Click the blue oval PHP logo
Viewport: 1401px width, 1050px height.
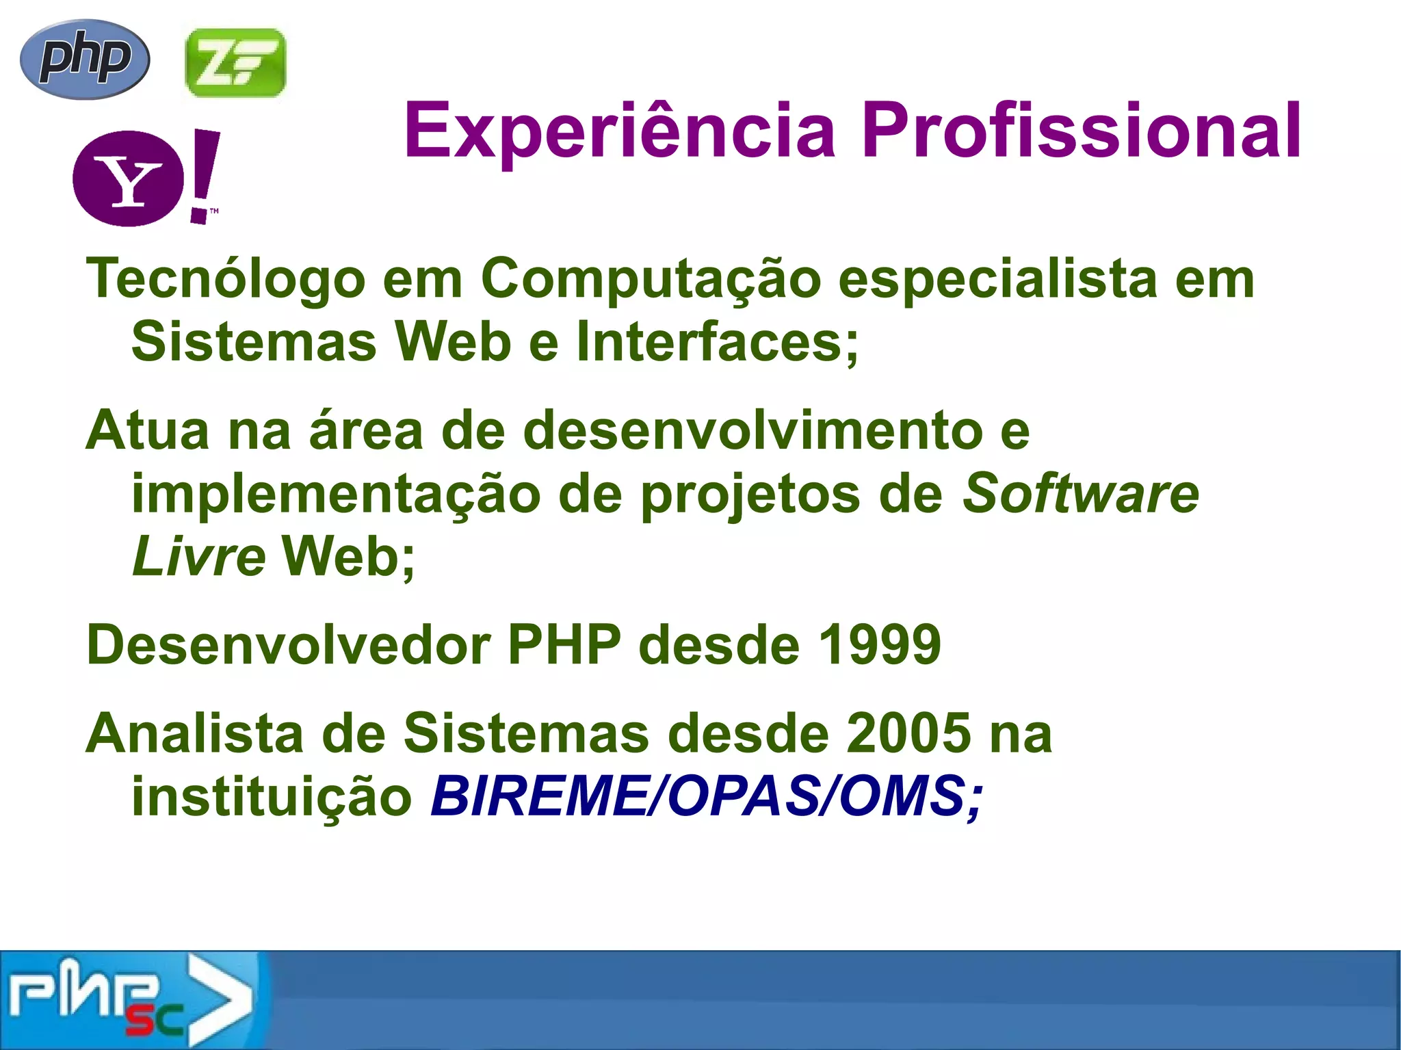85,59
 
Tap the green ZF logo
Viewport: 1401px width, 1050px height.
235,62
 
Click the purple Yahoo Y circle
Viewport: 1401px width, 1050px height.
128,179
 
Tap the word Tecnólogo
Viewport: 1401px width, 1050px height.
226,279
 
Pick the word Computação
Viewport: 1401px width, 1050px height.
651,279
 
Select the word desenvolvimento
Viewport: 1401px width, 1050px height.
753,430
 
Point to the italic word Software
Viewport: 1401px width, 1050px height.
1081,494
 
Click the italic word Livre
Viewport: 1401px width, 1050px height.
198,556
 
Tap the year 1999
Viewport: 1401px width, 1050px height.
880,644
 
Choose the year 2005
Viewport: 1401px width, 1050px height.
908,733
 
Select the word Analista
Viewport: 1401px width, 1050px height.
195,733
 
